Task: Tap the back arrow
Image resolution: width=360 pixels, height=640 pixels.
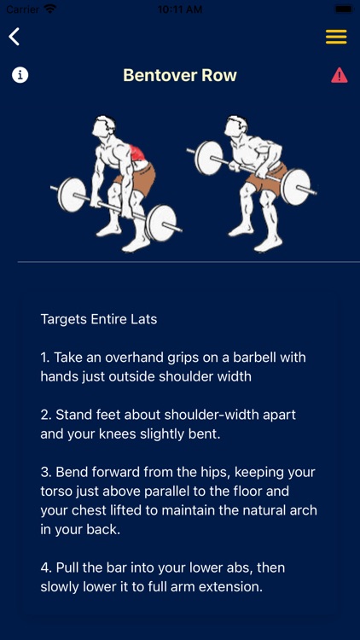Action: click(x=15, y=37)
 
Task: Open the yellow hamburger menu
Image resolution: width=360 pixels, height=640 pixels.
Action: click(x=336, y=37)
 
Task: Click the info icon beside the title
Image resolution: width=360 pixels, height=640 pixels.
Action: click(x=20, y=75)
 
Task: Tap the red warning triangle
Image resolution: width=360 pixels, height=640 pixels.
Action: click(x=340, y=75)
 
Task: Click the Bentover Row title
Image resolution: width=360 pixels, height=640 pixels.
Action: click(x=180, y=75)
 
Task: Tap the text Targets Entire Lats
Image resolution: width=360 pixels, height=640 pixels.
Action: click(x=99, y=319)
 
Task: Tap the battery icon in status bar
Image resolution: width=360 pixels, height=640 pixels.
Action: click(x=343, y=9)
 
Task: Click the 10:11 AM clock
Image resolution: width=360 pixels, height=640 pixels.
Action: click(x=180, y=9)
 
